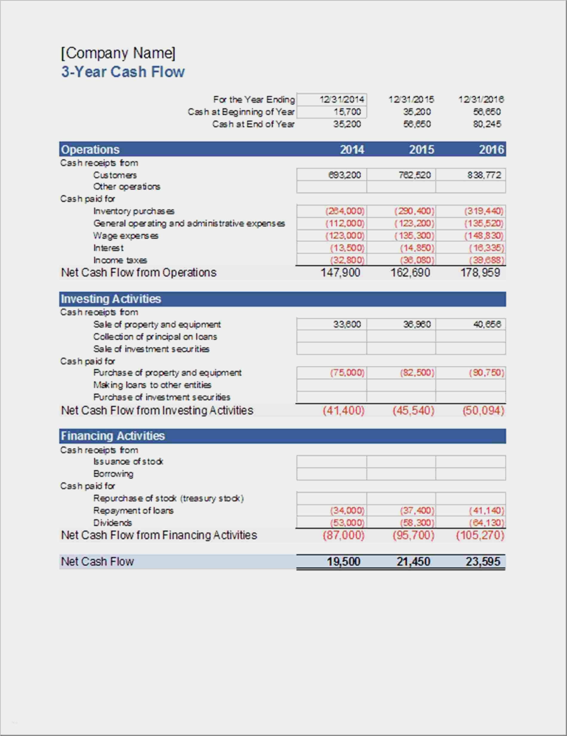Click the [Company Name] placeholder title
pos(118,53)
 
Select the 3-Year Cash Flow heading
pos(123,72)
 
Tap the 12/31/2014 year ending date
pos(342,99)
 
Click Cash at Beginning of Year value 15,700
pos(347,112)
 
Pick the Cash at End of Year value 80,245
pos(487,124)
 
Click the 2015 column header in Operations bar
pos(421,149)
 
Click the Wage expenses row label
pos(126,235)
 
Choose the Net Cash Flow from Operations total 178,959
pos(480,272)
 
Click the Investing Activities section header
pos(111,299)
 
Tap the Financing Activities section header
pos(113,436)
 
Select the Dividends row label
pos(113,523)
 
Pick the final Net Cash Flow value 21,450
pos(413,561)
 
